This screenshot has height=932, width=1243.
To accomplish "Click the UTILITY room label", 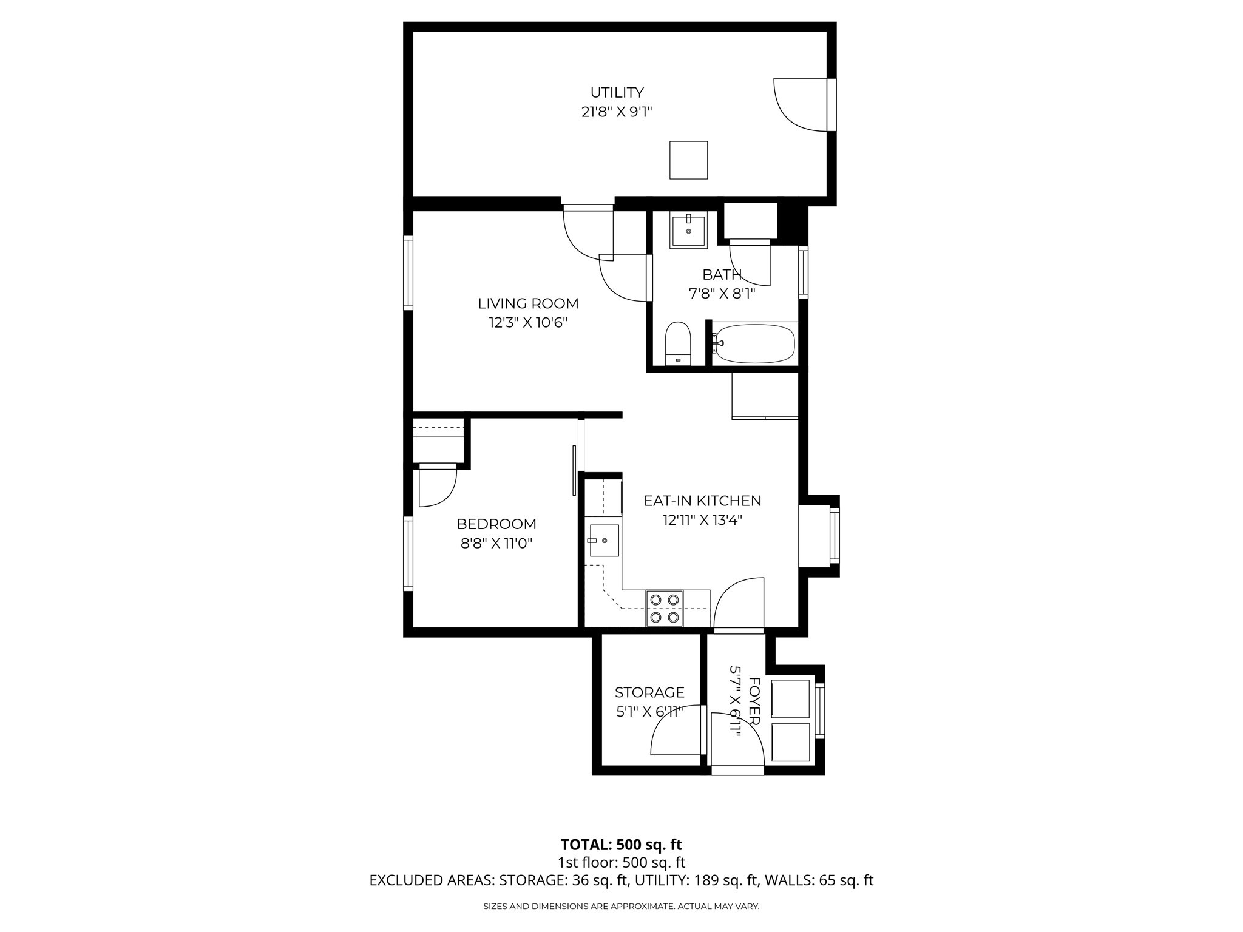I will [617, 93].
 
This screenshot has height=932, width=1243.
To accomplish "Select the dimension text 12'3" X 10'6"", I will [528, 322].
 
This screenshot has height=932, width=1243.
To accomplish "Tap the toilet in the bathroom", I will [678, 344].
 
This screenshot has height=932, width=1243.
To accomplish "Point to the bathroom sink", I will [688, 230].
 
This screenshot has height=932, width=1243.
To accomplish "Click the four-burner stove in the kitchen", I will [664, 609].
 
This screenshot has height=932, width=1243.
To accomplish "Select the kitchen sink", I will [603, 540].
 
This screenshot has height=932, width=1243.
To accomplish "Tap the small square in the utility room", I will [688, 160].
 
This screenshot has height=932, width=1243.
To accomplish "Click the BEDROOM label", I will [496, 524].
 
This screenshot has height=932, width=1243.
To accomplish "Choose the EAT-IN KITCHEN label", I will [702, 501].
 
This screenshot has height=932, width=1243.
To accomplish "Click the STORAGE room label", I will [649, 692].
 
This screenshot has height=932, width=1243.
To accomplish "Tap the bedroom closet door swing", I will [436, 485].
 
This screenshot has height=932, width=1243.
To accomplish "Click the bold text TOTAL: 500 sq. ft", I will [621, 845].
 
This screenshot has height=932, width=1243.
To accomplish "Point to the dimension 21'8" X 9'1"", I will [617, 112].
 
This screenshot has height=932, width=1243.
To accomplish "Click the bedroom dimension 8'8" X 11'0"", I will [496, 543].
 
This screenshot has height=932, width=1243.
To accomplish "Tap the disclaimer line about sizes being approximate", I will [621, 907].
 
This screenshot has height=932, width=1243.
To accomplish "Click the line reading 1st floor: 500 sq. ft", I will [621, 862].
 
